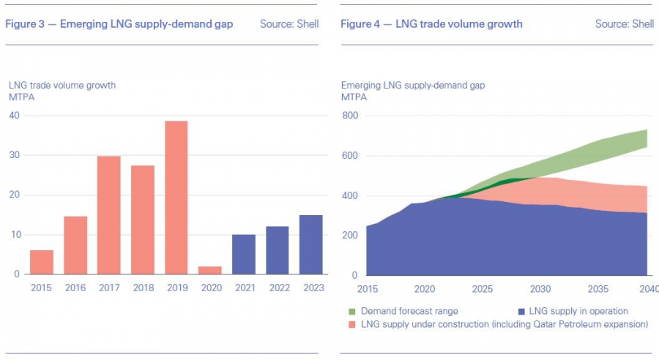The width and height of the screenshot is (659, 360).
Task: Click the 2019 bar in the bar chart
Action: pyautogui.click(x=176, y=198)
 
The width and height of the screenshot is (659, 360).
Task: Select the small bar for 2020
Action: pyautogui.click(x=209, y=270)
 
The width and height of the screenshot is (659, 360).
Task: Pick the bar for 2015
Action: pyautogui.click(x=42, y=262)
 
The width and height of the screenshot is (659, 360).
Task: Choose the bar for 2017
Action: pyautogui.click(x=108, y=215)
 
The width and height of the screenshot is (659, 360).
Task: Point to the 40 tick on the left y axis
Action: pyautogui.click(x=14, y=116)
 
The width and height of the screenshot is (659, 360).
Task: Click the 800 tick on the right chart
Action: pyautogui.click(x=349, y=116)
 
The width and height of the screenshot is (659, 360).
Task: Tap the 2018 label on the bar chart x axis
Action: pyautogui.click(x=142, y=289)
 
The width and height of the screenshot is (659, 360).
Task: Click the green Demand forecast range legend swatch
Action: pyautogui.click(x=352, y=312)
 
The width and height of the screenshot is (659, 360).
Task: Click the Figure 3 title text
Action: pyautogui.click(x=119, y=24)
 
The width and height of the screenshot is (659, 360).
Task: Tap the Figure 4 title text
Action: pyautogui.click(x=431, y=24)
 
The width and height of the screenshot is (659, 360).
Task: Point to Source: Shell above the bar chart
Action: pyautogui.click(x=289, y=24)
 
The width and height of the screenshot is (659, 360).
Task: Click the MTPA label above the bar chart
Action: pyautogui.click(x=21, y=97)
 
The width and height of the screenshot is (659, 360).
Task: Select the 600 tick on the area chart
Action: pyautogui.click(x=349, y=156)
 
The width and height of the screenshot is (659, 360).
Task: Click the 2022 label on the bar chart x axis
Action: pyautogui.click(x=277, y=289)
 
